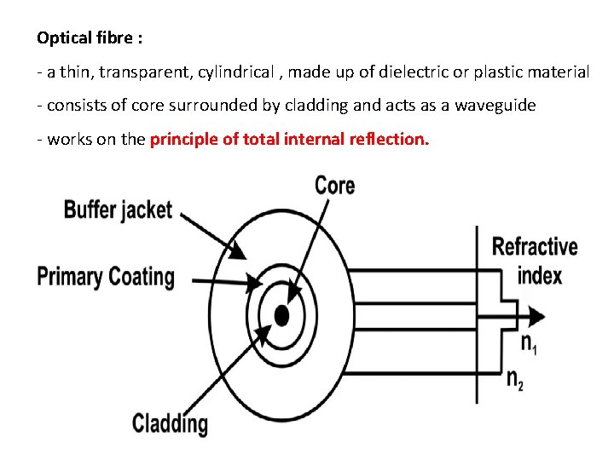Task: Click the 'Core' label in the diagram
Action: pos(334,186)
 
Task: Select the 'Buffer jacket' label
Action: pos(118,210)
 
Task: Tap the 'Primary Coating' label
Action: pos(106,277)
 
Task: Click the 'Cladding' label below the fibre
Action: pos(170,423)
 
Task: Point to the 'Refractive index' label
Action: pos(535,261)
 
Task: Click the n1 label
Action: pos(529,343)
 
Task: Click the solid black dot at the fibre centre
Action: pos(281,316)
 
